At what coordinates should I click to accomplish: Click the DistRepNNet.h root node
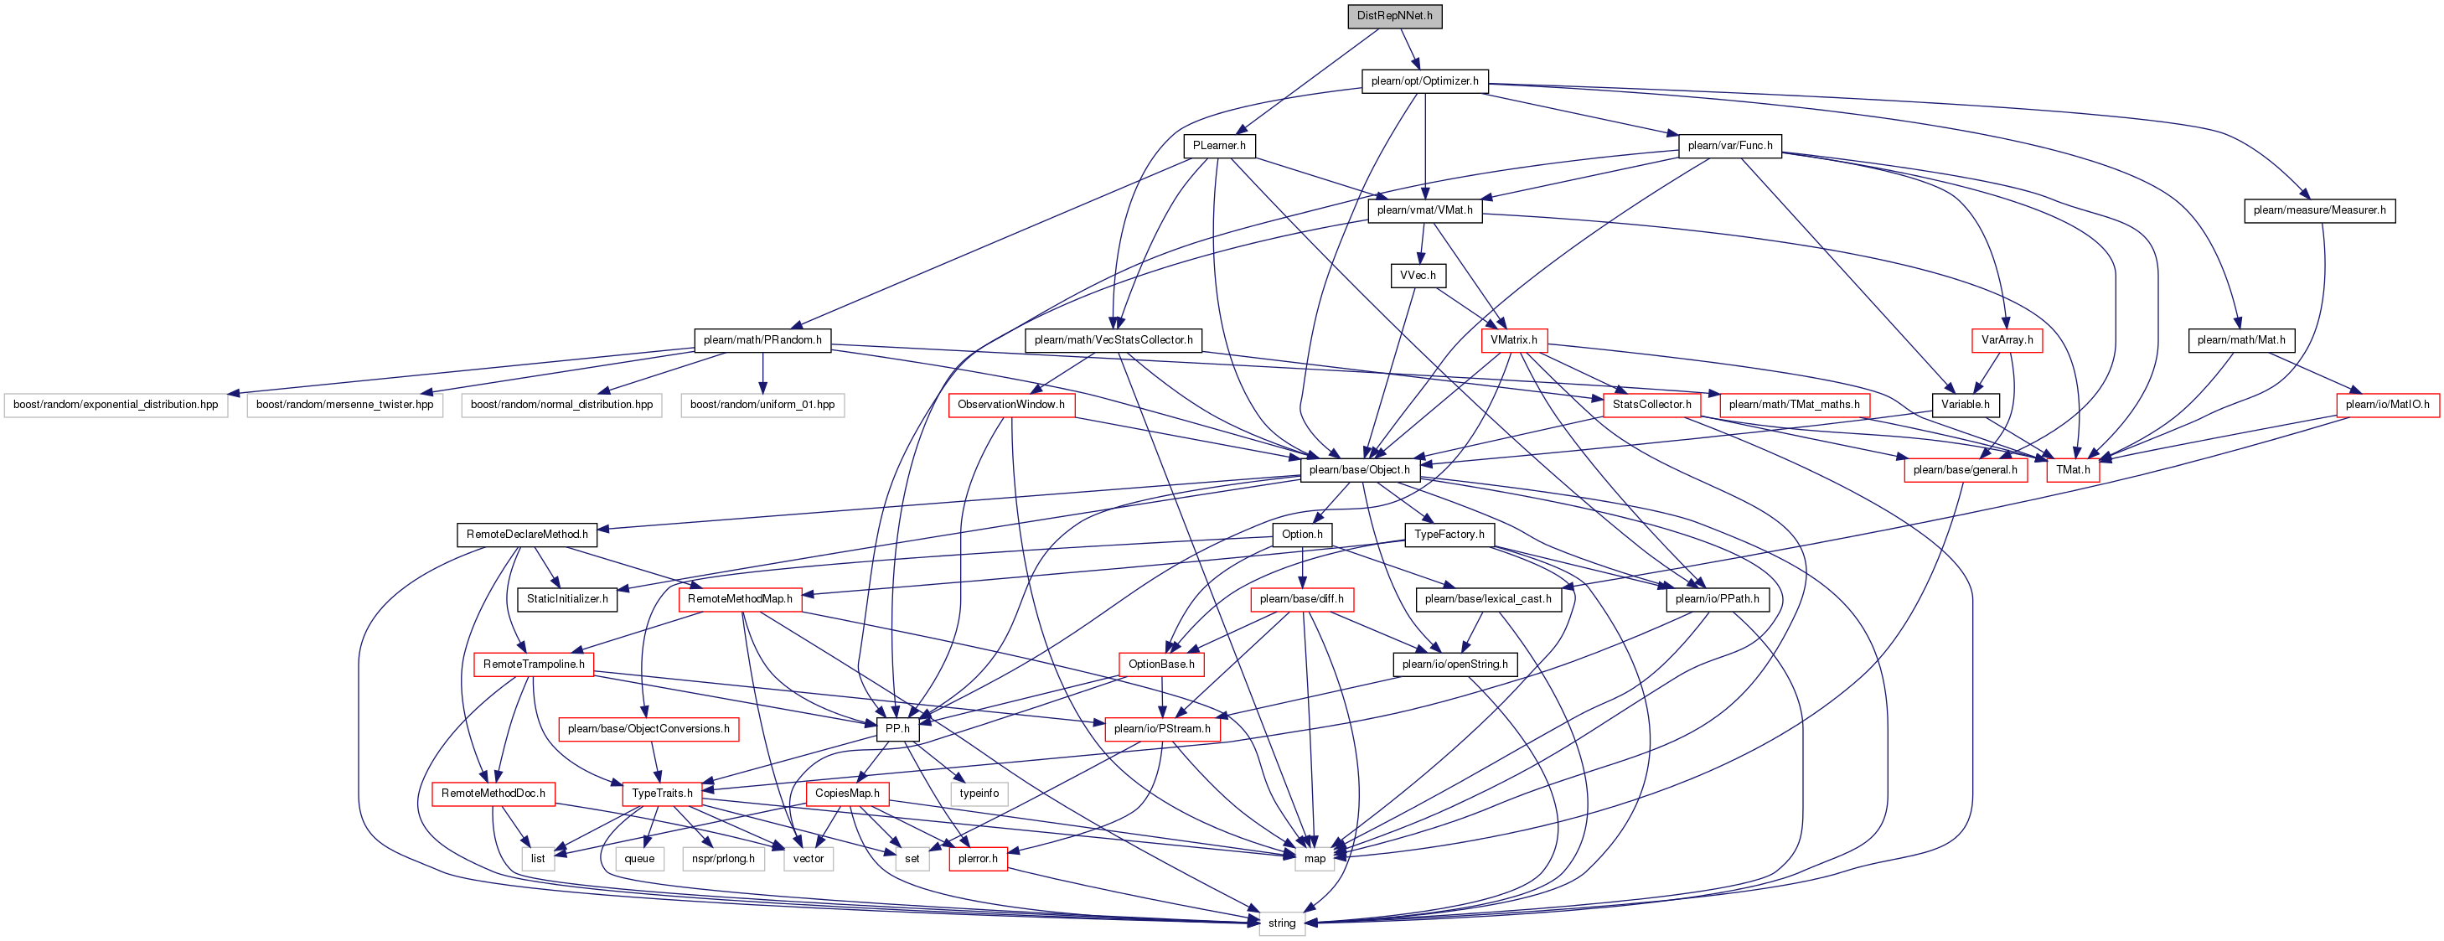click(x=1395, y=16)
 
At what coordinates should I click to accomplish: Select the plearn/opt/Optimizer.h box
click(x=1424, y=81)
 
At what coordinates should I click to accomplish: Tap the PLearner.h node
click(x=1219, y=146)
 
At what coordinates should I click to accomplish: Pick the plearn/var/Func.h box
click(x=1729, y=146)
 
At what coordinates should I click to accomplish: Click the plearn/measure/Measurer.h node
click(x=2319, y=210)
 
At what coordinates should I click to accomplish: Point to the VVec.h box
click(x=1418, y=276)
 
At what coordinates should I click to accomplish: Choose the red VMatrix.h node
click(x=1513, y=340)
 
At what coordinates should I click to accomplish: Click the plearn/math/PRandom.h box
click(x=762, y=340)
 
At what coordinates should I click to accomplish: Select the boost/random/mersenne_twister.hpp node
click(x=344, y=405)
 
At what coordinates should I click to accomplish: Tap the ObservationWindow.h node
click(x=1010, y=405)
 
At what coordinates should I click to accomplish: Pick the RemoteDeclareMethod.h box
click(x=526, y=535)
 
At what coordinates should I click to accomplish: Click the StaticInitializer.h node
click(x=567, y=599)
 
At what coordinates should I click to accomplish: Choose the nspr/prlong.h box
click(x=723, y=860)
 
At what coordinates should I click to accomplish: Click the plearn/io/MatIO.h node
click(x=2387, y=405)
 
